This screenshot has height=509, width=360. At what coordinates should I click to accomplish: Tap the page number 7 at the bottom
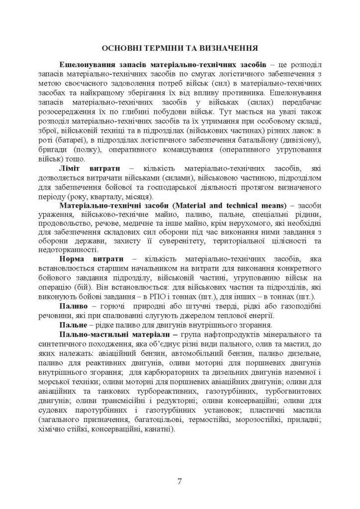coord(180,481)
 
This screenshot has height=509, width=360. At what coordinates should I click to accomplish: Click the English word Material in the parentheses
coord(200,205)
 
